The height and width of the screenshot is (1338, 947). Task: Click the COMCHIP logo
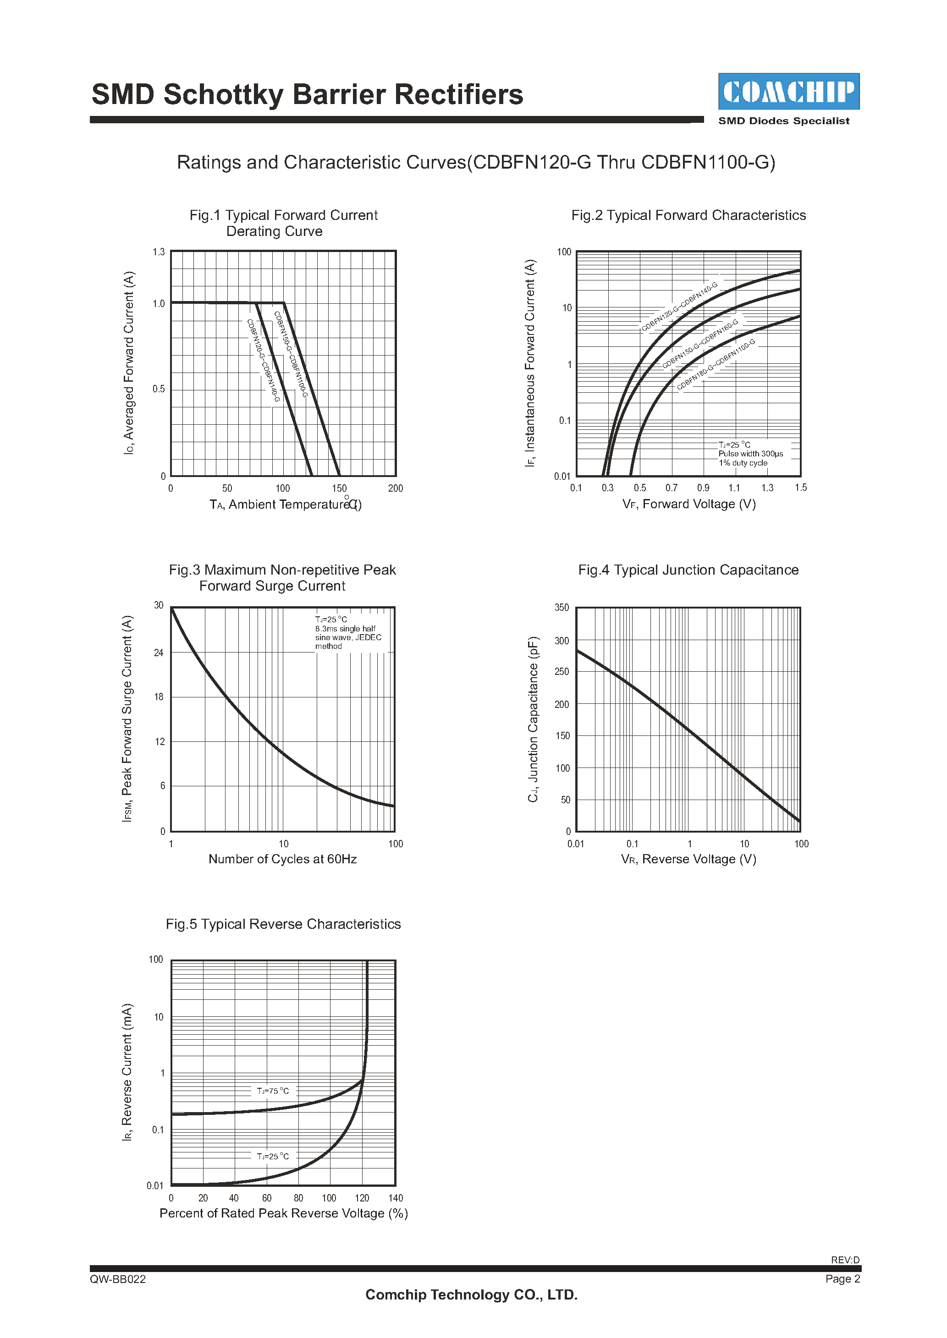[788, 92]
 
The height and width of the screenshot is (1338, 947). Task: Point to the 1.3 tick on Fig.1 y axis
[159, 252]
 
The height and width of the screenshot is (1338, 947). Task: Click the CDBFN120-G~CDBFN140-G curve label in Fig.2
[679, 307]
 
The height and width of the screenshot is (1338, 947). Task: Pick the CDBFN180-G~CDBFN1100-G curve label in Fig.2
[716, 364]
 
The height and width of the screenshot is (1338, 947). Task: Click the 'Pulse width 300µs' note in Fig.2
[750, 453]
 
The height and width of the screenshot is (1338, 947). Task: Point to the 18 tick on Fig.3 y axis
[159, 697]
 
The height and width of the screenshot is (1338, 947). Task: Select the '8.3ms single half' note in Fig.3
[345, 629]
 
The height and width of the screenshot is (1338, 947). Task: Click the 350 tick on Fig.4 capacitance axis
[562, 608]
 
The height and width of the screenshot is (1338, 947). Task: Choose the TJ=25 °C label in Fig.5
[273, 1156]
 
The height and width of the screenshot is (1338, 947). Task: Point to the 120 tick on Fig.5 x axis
[362, 1198]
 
